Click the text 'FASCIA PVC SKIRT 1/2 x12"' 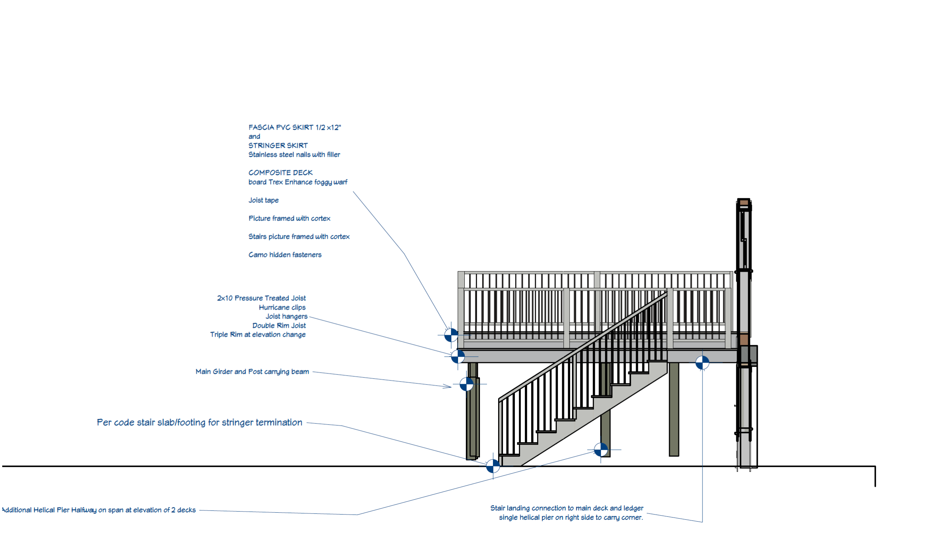tap(294, 127)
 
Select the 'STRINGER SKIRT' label tap(278, 146)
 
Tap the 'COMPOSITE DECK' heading tap(280, 173)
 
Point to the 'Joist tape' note tap(263, 200)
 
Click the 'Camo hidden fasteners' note tap(285, 255)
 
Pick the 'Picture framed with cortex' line tap(289, 218)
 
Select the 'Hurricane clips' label tap(282, 307)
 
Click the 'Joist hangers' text tap(286, 316)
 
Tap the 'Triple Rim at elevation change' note tap(258, 334)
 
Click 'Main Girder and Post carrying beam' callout tap(252, 372)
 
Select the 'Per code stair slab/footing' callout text tap(199, 423)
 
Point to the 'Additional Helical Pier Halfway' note tap(99, 510)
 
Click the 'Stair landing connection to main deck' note tap(567, 508)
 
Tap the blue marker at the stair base tap(493, 466)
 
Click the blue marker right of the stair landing tap(702, 363)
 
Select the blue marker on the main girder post tap(467, 384)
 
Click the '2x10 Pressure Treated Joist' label tap(261, 298)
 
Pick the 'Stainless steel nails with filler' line tap(294, 154)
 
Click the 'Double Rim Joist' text tap(279, 326)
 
